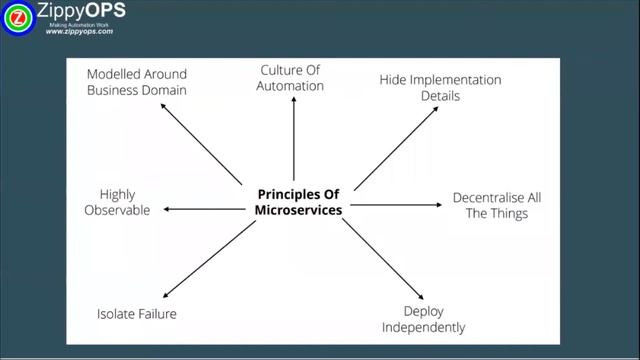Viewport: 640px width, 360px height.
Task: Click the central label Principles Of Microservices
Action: coord(298,202)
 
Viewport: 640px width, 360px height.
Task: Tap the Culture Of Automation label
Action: coord(292,78)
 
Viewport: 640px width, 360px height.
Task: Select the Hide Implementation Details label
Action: coord(440,88)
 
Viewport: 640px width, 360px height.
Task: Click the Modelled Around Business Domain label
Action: coord(136,82)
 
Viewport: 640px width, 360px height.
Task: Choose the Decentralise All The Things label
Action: coord(497,205)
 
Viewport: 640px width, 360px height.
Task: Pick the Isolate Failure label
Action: coord(136,314)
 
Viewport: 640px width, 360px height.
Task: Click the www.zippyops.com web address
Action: coord(79,32)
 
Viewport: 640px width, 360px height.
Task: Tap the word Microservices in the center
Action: coord(298,210)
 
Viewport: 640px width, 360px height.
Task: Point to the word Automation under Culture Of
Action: coord(292,86)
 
